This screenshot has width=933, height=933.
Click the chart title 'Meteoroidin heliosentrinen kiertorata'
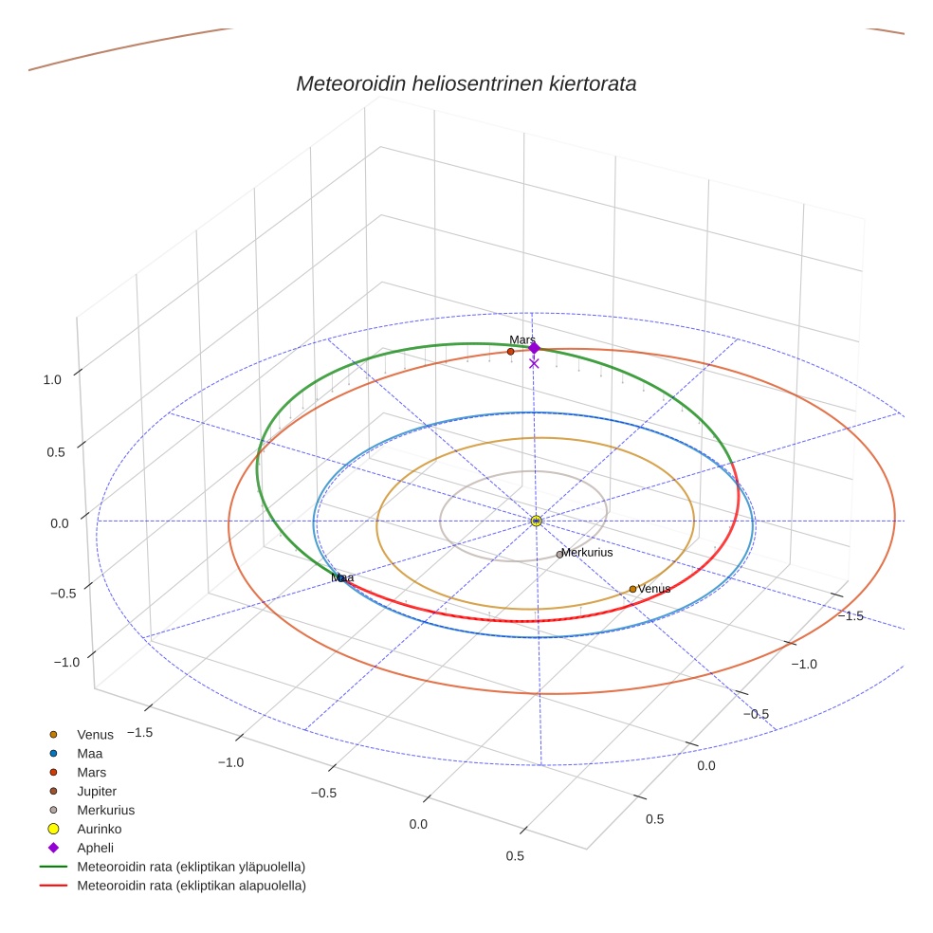(x=466, y=83)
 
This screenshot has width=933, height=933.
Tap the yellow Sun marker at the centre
(x=536, y=521)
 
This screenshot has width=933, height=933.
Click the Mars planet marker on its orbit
(x=510, y=352)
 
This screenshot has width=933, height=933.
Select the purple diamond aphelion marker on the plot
(x=534, y=348)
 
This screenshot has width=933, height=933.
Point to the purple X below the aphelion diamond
(x=534, y=363)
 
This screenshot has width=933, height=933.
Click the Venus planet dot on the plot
(x=632, y=589)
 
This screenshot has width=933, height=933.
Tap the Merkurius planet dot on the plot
(x=559, y=554)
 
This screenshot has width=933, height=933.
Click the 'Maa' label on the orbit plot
(x=342, y=576)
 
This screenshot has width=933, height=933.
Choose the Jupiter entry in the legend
(x=97, y=791)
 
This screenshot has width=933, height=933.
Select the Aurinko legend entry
(x=99, y=829)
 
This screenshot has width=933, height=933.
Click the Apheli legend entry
(x=95, y=848)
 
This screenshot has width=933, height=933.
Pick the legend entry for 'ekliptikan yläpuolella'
(x=190, y=867)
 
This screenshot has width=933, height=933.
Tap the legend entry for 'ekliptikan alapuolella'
(x=190, y=886)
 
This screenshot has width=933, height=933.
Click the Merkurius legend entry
(x=105, y=810)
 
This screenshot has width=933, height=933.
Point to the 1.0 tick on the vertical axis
(x=51, y=379)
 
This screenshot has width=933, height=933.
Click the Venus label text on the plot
(x=654, y=589)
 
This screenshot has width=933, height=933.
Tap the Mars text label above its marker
(x=522, y=339)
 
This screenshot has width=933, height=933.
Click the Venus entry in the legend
(x=95, y=734)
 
